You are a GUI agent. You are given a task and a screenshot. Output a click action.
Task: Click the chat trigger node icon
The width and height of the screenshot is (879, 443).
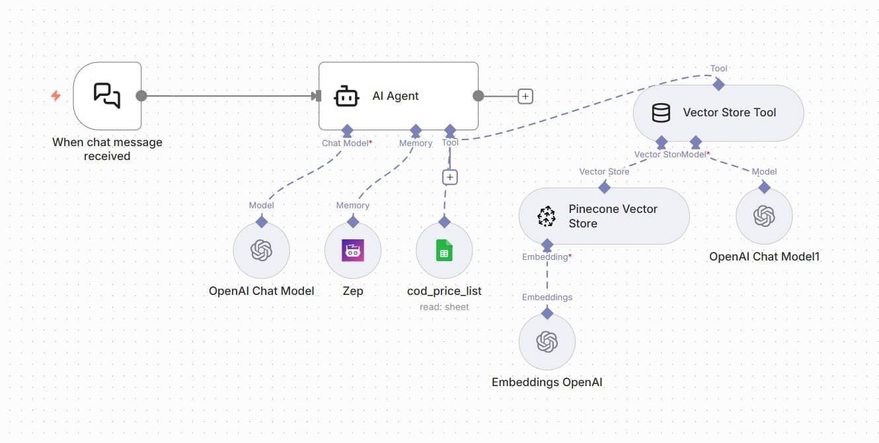coord(107,96)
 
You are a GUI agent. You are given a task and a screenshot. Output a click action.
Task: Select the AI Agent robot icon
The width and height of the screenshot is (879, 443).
coord(346,96)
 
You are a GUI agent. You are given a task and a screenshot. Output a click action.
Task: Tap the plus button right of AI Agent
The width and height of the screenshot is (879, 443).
coord(525,97)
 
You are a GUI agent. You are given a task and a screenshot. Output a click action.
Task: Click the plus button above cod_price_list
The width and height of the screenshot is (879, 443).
coord(449,177)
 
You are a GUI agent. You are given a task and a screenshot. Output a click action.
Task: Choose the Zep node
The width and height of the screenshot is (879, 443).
coord(353,251)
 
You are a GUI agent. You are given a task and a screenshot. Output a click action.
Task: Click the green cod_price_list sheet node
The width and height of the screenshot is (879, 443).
coord(444,251)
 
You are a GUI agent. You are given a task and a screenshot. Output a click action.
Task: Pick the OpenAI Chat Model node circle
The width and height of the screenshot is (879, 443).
coord(261,251)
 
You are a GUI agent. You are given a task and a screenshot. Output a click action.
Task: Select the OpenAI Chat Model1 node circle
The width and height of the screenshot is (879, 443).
coord(764,216)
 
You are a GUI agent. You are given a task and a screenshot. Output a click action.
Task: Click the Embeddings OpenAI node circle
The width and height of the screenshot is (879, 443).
coord(547,342)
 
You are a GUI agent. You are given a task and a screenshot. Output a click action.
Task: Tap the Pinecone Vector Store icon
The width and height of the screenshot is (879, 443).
coord(547,216)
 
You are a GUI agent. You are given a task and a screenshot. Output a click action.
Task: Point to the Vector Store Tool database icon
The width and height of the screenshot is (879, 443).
coord(661,113)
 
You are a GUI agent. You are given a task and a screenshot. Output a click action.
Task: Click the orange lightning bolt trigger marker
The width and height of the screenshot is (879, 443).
coord(56,96)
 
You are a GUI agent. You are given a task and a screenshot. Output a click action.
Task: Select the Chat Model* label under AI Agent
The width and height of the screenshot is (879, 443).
coord(347,143)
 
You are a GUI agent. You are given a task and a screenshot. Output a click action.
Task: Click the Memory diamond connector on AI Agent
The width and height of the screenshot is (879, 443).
coord(416,130)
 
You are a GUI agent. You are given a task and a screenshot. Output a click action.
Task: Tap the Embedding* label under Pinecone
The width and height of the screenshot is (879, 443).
coord(547,257)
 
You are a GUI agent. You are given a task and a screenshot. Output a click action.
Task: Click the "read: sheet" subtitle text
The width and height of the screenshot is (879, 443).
coord(444,307)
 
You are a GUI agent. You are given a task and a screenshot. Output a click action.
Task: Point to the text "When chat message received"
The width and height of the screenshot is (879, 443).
coord(107,149)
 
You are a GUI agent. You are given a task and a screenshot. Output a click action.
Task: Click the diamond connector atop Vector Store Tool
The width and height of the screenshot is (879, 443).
coord(718,85)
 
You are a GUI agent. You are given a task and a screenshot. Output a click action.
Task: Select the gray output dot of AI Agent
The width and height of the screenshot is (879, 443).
coord(478,96)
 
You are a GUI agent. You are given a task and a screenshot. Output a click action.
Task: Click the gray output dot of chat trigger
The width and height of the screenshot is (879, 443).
coord(141,96)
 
